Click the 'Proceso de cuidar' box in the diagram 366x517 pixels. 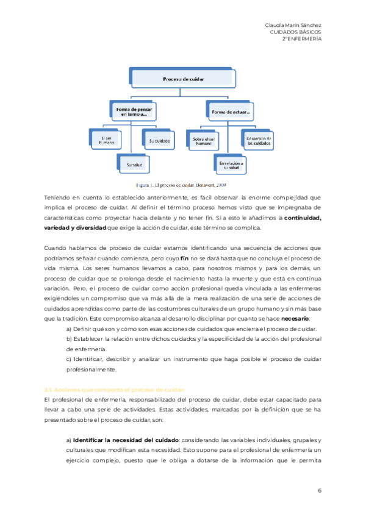tap(184, 79)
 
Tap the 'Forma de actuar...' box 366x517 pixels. tap(231, 112)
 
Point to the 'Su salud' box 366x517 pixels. tap(134, 164)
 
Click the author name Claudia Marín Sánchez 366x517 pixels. tap(294, 24)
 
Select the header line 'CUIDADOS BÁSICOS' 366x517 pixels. tap(296, 31)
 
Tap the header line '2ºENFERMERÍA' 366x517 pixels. tap(302, 38)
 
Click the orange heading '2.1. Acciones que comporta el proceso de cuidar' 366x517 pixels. tap(113, 389)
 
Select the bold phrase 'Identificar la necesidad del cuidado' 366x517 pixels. tap(125, 440)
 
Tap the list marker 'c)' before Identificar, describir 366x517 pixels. tap(68, 359)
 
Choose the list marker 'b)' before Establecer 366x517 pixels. tap(68, 338)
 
